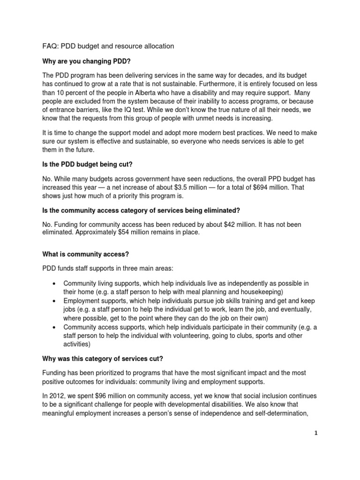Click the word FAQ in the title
tap(45, 46)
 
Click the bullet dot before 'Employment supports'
tap(54, 300)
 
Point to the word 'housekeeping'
tap(252, 292)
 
